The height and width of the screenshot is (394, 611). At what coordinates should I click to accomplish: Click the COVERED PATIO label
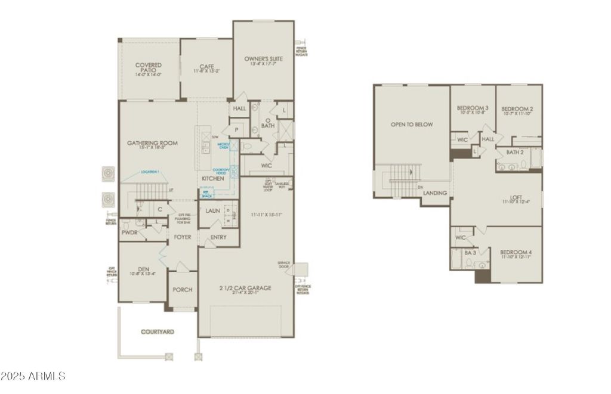149,67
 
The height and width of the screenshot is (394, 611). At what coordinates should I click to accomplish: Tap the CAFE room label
206,67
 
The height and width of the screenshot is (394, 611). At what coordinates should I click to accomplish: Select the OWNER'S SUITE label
263,59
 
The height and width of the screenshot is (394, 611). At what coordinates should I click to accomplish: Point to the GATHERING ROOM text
152,143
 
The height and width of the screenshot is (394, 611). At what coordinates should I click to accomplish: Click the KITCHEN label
212,178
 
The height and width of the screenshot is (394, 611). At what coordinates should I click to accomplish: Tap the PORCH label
182,290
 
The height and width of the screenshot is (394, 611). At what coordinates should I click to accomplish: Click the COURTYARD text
158,331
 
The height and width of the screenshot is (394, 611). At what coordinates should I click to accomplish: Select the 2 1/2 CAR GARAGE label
246,288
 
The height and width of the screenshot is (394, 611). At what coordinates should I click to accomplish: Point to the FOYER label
183,237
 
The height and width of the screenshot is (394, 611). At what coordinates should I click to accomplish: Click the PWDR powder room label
129,233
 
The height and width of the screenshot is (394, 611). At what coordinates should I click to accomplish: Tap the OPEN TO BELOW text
412,125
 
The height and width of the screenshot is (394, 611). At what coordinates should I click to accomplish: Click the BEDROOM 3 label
473,108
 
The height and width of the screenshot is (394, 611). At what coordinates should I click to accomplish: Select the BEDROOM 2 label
517,108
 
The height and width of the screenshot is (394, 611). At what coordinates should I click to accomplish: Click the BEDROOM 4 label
516,252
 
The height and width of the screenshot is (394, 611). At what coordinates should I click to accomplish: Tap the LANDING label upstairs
436,193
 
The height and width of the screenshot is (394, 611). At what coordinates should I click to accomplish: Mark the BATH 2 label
515,152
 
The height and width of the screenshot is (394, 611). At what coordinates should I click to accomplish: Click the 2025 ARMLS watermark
33,376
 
